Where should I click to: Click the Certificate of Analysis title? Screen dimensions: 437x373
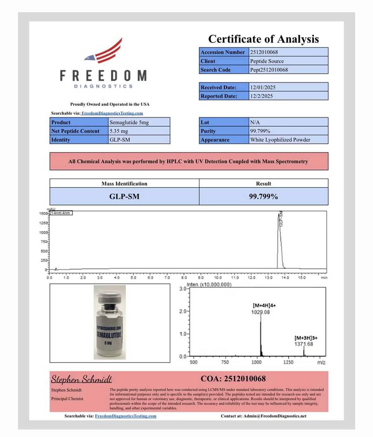coord(263,39)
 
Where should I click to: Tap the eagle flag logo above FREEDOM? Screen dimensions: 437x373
coord(104,51)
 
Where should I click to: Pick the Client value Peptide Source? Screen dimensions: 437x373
coord(267,61)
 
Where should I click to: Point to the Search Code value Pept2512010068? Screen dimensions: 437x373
coord(269,70)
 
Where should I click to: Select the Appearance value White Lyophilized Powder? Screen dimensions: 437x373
coord(280,140)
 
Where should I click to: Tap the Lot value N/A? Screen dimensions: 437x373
coord(255,122)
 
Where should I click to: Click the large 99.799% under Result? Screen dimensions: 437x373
coord(263,197)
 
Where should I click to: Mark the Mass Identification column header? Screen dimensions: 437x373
coord(124,184)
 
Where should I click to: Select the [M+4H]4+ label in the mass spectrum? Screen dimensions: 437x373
coord(264,306)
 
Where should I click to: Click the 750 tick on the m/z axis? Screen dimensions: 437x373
coord(225,362)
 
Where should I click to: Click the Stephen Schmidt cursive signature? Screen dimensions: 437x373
coord(81,378)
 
